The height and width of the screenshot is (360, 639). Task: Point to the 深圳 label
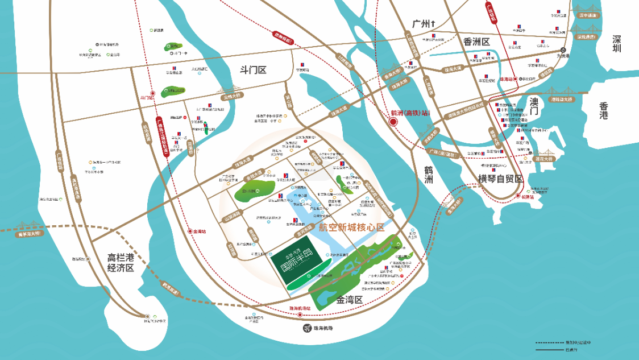pyautogui.click(x=617, y=44)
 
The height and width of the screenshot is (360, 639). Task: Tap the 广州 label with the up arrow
pyautogui.click(x=424, y=24)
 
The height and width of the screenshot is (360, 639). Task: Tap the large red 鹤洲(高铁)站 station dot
pyautogui.click(x=393, y=122)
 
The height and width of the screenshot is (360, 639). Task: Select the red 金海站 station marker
pyautogui.click(x=190, y=232)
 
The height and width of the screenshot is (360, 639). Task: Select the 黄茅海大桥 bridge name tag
pyautogui.click(x=28, y=231)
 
